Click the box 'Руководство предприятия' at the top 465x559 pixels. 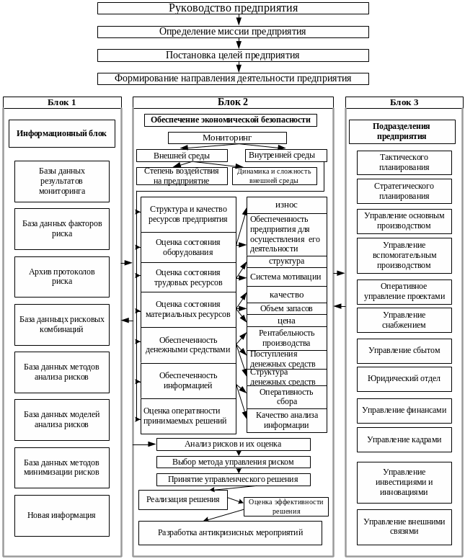233,8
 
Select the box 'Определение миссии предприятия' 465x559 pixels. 233,32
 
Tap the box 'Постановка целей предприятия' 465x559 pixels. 233,55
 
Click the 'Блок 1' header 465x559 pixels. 62,102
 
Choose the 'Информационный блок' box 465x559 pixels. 62,133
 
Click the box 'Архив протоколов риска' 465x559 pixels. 62,277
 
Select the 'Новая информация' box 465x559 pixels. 62,515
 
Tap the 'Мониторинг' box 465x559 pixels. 227,138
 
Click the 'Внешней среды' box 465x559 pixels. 182,156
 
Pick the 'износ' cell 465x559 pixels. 286,205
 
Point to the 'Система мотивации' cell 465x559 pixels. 286,277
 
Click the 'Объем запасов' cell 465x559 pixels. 286,308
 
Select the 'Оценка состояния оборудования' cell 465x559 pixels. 188,247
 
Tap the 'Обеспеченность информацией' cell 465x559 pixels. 188,380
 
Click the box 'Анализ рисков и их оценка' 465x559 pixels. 233,444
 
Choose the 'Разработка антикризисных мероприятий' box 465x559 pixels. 230,532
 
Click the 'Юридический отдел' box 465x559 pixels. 404,378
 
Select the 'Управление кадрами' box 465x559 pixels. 404,439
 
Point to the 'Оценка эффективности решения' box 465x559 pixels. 286,506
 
